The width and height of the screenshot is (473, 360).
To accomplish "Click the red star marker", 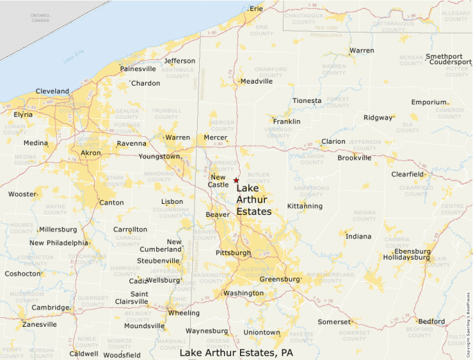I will click(x=236, y=180).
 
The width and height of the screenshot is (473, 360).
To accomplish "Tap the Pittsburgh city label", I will click(x=233, y=253).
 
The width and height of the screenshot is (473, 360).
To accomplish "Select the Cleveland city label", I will click(x=52, y=91).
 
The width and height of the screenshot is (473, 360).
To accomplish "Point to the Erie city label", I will click(x=257, y=9).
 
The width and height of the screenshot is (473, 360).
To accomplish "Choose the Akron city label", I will click(x=91, y=153).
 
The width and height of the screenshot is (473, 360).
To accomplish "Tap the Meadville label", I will click(x=257, y=81).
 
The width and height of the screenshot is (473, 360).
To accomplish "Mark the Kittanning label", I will click(x=305, y=206).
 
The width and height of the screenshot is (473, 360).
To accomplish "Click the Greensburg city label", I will click(x=279, y=279).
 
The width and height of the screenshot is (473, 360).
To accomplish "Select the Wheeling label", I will click(x=184, y=312).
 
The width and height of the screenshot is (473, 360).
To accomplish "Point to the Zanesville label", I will click(x=39, y=324).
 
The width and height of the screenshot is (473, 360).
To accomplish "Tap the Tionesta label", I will click(x=307, y=101).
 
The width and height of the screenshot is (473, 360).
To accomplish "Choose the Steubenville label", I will click(x=158, y=260).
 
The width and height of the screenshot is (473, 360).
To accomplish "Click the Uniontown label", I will click(x=262, y=332).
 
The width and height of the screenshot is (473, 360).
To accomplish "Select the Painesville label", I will click(x=138, y=69).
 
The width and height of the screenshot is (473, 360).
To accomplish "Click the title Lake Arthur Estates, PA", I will click(x=236, y=353).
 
